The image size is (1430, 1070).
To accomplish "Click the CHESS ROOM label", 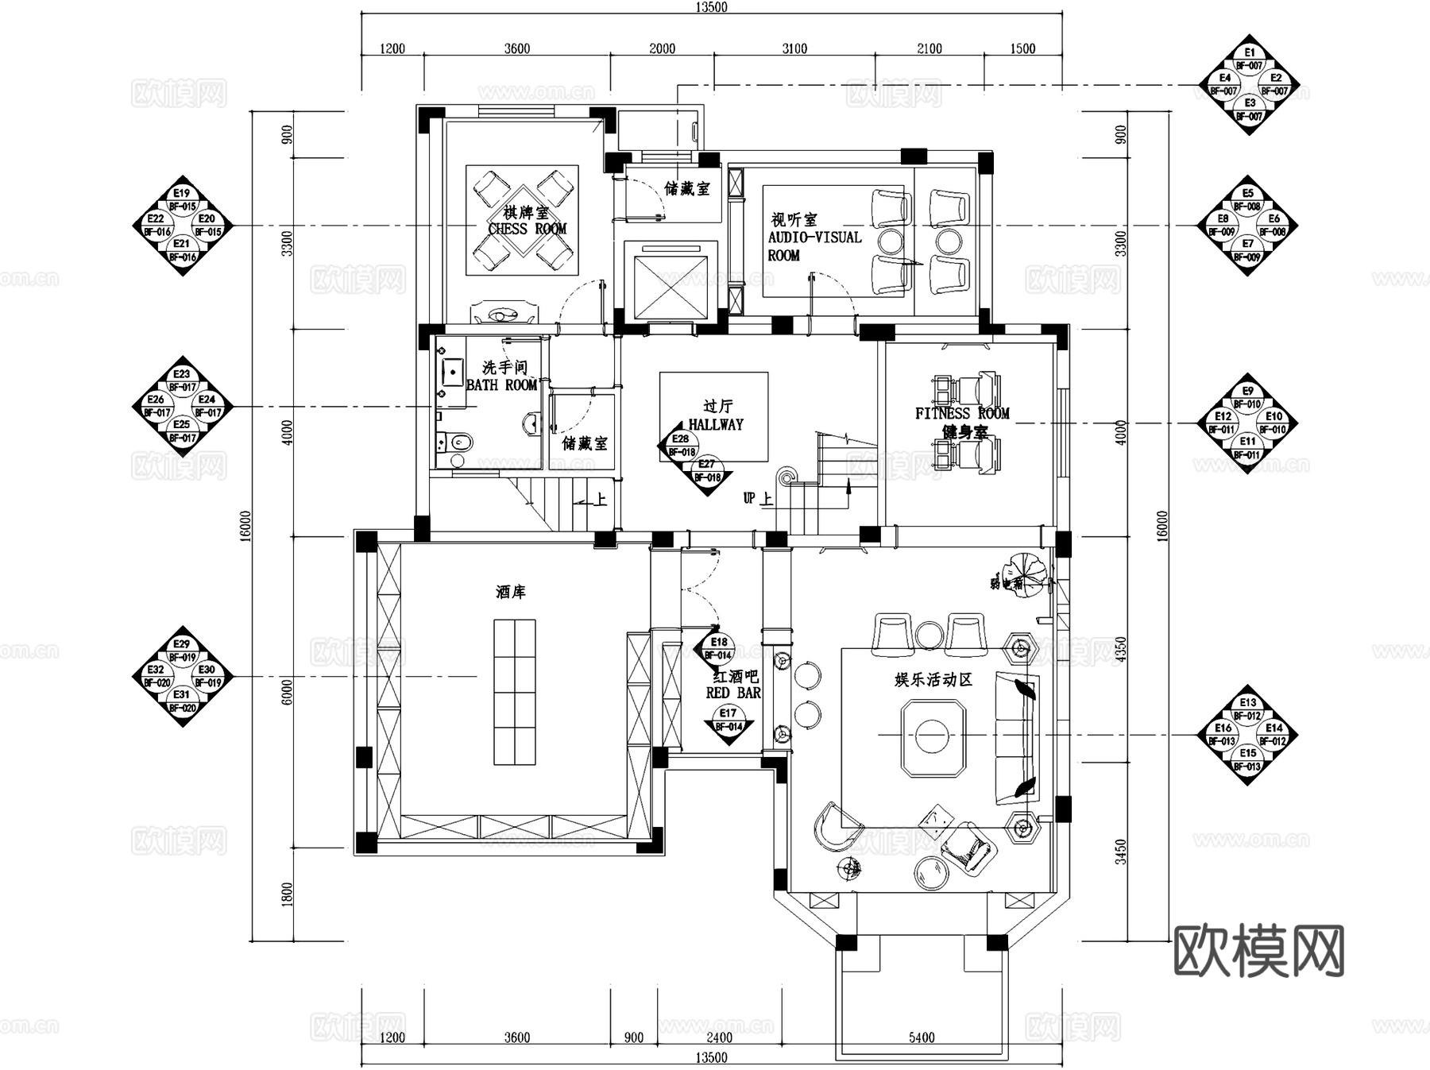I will coord(527,229).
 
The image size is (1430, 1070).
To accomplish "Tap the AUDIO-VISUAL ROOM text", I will coord(814,238).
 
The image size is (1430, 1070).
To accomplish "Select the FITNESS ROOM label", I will coord(961,413).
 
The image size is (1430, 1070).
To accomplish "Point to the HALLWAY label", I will coord(715,424).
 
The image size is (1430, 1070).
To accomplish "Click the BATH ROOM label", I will coord(501,385).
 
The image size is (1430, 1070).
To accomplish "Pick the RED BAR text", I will coord(732,693).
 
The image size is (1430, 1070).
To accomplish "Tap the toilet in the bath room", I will coord(457,441).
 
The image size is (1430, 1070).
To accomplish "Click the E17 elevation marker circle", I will coord(728,713).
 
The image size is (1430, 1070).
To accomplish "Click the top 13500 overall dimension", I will coord(711,7).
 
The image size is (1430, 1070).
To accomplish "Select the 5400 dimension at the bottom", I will coord(921,1037).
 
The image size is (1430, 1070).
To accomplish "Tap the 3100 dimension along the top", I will coord(794,48).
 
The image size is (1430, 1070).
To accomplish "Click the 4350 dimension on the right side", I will coord(1121,650).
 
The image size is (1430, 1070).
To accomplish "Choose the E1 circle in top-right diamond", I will coord(1250,52).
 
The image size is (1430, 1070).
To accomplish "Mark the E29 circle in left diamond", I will coord(182,644).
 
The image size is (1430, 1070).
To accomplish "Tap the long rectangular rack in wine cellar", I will coord(514,692).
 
